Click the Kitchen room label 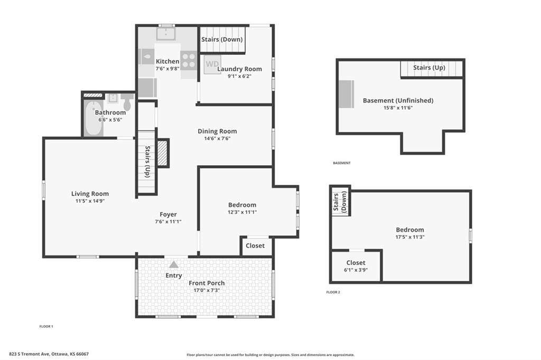point(167,61)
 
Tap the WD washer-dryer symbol point(212,65)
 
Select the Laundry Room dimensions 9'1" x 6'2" point(239,76)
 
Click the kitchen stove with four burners point(189,60)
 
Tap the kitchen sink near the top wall point(165,34)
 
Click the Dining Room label point(217,131)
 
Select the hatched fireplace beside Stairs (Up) point(163,153)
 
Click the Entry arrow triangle point(174,264)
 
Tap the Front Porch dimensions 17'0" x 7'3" point(207,290)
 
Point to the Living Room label point(90,194)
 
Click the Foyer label point(168,214)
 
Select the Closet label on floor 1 point(255,245)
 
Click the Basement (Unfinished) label point(398,100)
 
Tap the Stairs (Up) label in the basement point(429,68)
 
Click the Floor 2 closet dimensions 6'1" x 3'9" point(356,270)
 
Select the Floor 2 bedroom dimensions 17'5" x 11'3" point(410,237)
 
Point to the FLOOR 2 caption point(333,292)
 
